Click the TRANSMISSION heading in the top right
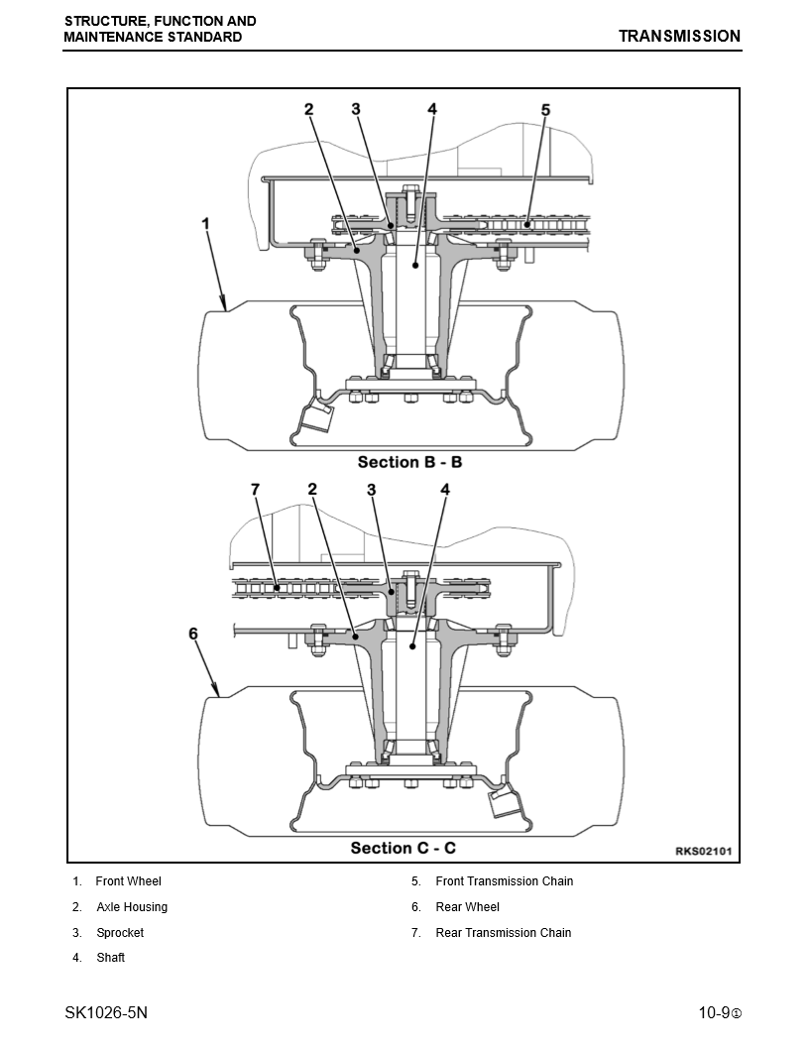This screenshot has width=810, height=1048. pos(679,37)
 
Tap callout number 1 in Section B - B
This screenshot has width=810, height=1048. pos(206,224)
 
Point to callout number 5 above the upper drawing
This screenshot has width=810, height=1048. pos(545,110)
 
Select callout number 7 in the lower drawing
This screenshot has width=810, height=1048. pos(255,490)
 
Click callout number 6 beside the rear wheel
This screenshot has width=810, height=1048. pos(193,633)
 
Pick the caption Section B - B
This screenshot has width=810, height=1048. pos(409,462)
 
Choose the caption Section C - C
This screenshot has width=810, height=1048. pos(404,848)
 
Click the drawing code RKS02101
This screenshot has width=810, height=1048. pos(703,851)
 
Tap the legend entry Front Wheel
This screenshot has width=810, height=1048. pos(128,881)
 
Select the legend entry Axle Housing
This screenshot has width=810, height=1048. pos(132,907)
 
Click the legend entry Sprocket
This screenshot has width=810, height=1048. pos(120,933)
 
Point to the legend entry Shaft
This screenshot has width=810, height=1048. pos(110,958)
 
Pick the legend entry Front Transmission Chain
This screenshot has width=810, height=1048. pos(504,881)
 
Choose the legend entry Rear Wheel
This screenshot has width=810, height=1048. pos(467,907)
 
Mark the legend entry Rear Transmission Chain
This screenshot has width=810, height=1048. pos(503,933)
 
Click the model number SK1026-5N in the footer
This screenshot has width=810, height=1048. pos(106,1013)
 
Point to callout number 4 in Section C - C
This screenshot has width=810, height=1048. pos(445,490)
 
